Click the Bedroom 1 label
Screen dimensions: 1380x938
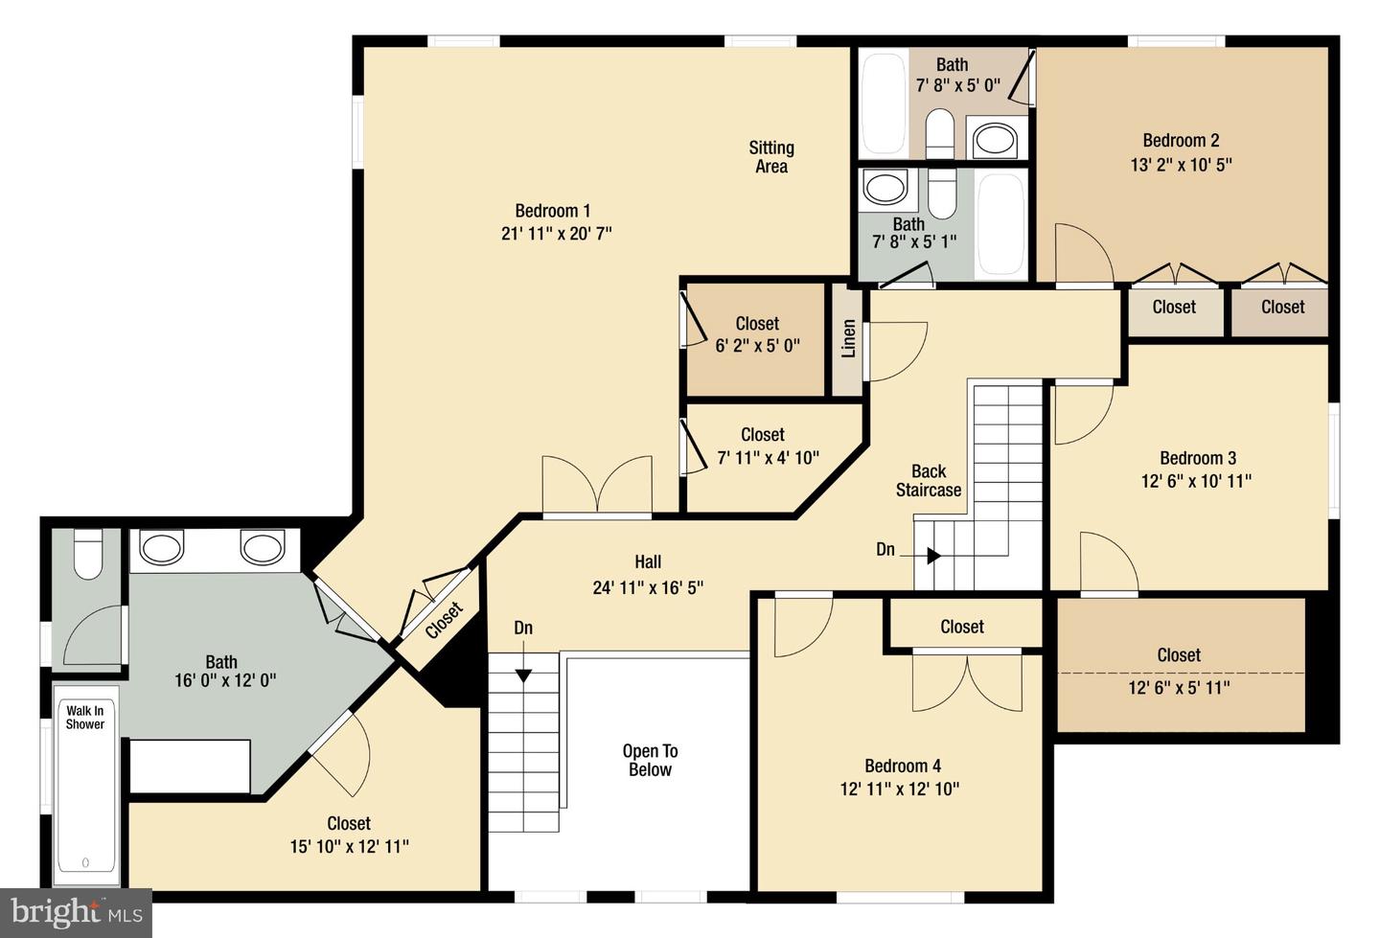pyautogui.click(x=553, y=211)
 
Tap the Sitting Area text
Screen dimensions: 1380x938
pyautogui.click(x=771, y=157)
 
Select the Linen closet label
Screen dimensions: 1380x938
pyautogui.click(x=848, y=338)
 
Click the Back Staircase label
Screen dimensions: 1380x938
pyautogui.click(x=929, y=480)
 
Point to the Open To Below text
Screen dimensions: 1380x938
pyautogui.click(x=650, y=760)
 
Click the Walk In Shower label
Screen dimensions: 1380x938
pyautogui.click(x=85, y=718)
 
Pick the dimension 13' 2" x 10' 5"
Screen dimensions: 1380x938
pyautogui.click(x=1181, y=165)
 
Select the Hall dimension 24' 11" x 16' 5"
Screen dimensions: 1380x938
pyautogui.click(x=648, y=587)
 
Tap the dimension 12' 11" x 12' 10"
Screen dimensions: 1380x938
pyautogui.click(x=900, y=789)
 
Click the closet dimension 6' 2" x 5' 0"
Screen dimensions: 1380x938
pyautogui.click(x=757, y=346)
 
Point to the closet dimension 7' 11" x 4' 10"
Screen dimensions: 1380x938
pyautogui.click(x=769, y=458)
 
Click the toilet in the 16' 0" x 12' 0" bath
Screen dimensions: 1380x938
pyautogui.click(x=87, y=555)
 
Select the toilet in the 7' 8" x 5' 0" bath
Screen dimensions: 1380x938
pyautogui.click(x=939, y=133)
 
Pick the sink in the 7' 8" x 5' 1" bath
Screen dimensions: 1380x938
pyautogui.click(x=885, y=187)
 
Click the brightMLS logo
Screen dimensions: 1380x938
pyautogui.click(x=76, y=913)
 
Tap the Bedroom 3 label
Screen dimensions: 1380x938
pyautogui.click(x=1198, y=458)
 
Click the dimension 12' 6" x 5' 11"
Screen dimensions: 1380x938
pyautogui.click(x=1179, y=687)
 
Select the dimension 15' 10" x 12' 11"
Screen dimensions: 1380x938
pyautogui.click(x=349, y=847)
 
